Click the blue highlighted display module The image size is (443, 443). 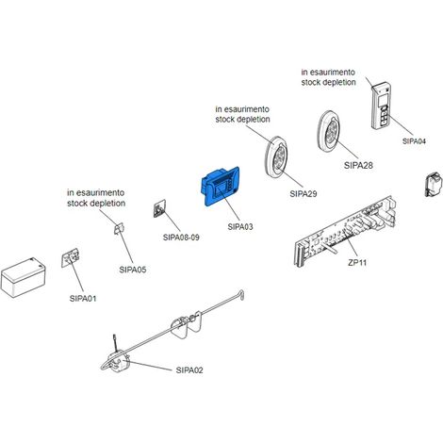tap(220, 186)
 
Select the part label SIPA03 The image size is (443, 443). tap(240, 227)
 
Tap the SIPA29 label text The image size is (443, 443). tap(304, 194)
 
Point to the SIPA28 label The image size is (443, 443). tap(358, 165)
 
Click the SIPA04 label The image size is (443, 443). tap(414, 141)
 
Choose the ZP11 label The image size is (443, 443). tap(357, 262)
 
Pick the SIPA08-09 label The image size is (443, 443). tap(181, 238)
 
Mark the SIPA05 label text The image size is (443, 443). tap(133, 270)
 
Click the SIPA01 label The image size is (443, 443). tap(83, 299)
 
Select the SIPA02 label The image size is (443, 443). tap(189, 370)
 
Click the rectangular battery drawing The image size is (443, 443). tap(24, 277)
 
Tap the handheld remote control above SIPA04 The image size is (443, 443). tap(382, 106)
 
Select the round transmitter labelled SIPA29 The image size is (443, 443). tap(276, 158)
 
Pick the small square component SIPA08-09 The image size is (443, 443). tap(159, 208)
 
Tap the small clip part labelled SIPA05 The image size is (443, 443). tap(119, 228)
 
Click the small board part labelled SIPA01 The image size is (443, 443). tap(70, 257)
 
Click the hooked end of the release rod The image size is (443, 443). tap(241, 295)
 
